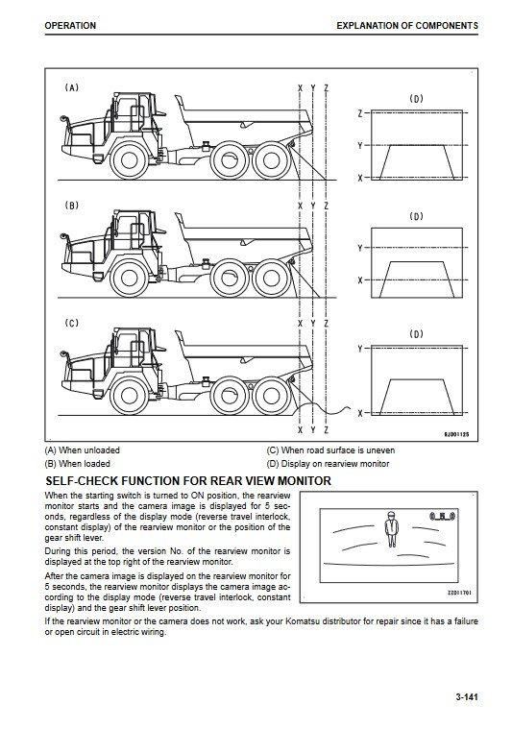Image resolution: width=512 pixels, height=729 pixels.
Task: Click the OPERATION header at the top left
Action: (x=70, y=26)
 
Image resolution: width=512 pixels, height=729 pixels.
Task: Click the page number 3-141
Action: (x=467, y=697)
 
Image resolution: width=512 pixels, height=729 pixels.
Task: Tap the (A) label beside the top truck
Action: (x=72, y=87)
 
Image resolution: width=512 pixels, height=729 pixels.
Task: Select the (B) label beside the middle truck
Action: (x=72, y=206)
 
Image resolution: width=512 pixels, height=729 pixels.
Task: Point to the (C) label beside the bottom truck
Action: (x=72, y=323)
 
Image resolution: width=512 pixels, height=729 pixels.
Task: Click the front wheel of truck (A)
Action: (x=130, y=160)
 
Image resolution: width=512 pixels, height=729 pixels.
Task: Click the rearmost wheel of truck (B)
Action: (x=272, y=279)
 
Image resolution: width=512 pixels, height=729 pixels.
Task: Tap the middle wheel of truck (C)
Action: (x=230, y=396)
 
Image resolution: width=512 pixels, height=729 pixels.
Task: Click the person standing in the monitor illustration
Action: (x=392, y=529)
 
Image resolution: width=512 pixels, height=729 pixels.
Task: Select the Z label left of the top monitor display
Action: (x=360, y=113)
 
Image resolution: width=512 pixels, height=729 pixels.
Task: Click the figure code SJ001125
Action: (x=456, y=434)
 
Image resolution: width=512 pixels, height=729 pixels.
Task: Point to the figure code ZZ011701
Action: (x=459, y=593)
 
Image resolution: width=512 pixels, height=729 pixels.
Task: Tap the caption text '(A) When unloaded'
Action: (x=83, y=450)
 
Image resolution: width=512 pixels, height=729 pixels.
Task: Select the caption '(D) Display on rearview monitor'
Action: (x=328, y=464)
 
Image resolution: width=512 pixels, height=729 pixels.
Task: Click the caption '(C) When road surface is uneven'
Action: (x=330, y=450)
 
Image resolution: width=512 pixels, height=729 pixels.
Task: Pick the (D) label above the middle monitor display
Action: (x=416, y=216)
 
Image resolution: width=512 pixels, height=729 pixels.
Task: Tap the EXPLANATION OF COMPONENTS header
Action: (x=407, y=26)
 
